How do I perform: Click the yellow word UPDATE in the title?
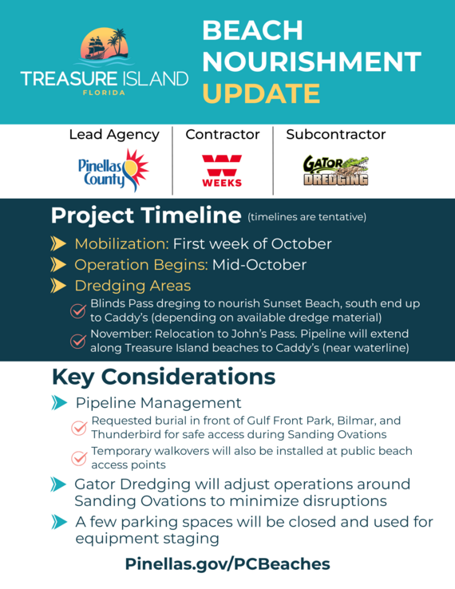pyautogui.click(x=261, y=93)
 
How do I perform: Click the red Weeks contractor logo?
pyautogui.click(x=222, y=170)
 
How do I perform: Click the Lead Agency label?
pyautogui.click(x=114, y=135)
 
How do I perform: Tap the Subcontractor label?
pyautogui.click(x=335, y=135)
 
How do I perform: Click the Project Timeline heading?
pyautogui.click(x=145, y=215)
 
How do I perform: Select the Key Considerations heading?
pyautogui.click(x=163, y=377)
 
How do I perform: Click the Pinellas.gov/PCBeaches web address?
pyautogui.click(x=227, y=563)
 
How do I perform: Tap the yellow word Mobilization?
pyautogui.click(x=121, y=243)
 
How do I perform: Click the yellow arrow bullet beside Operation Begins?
pyautogui.click(x=58, y=264)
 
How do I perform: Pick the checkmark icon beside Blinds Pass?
pyautogui.click(x=78, y=311)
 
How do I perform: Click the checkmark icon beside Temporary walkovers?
pyautogui.click(x=78, y=458)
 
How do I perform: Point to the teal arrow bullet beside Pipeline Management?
pyautogui.click(x=58, y=403)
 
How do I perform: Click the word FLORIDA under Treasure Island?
pyautogui.click(x=104, y=92)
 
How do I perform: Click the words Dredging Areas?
pyautogui.click(x=133, y=285)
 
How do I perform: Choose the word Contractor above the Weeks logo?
pyautogui.click(x=223, y=135)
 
